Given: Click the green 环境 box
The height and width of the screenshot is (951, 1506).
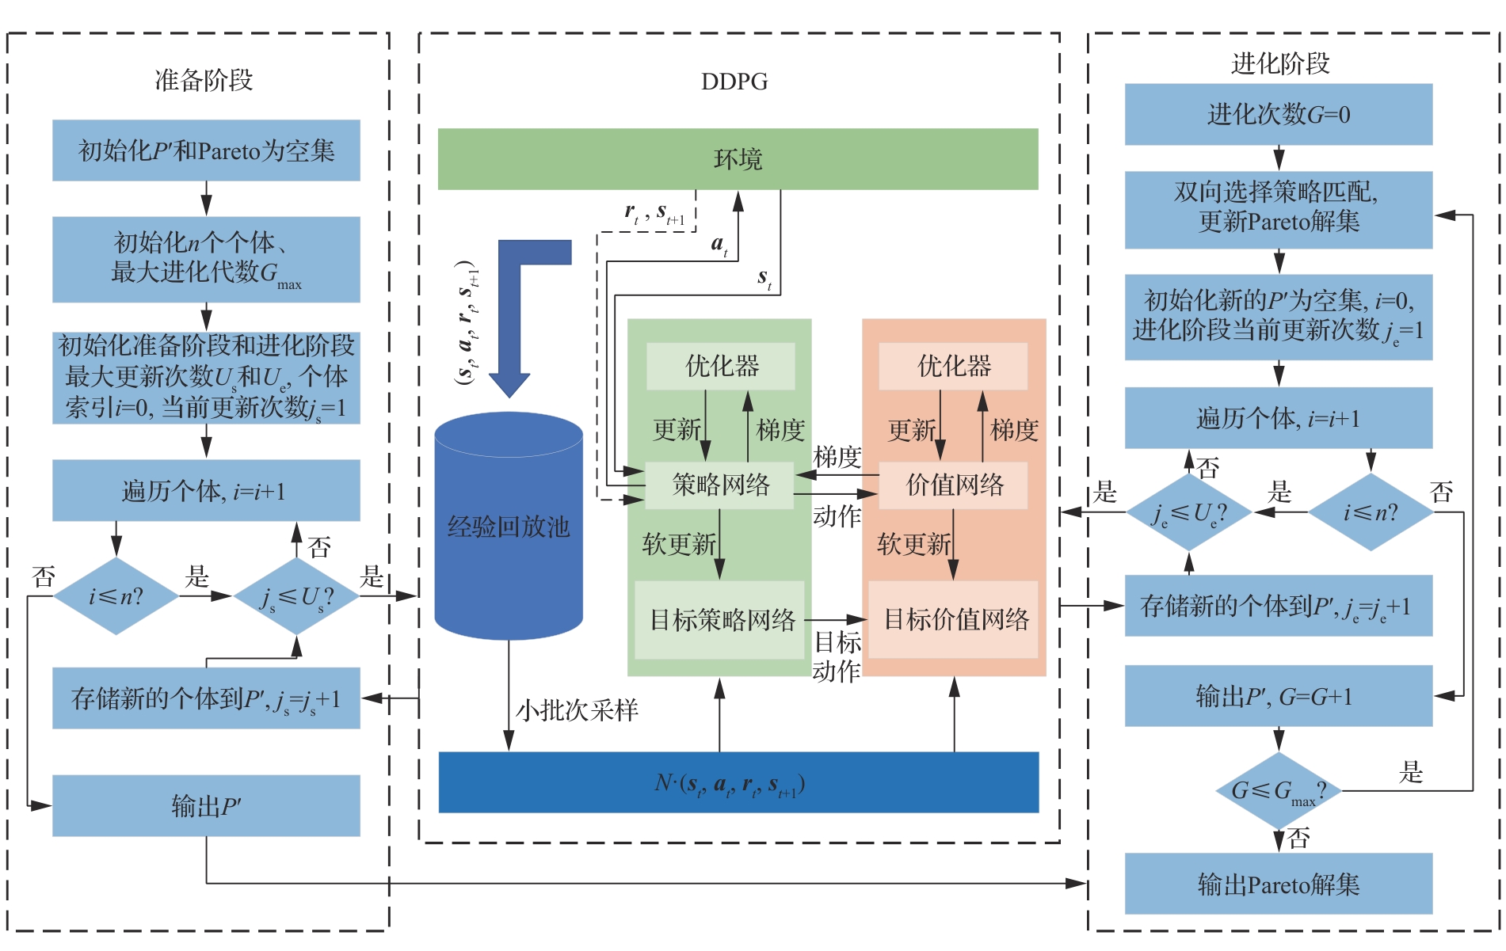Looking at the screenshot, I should pos(738,158).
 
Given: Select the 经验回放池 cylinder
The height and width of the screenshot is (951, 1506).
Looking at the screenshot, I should pos(509,527).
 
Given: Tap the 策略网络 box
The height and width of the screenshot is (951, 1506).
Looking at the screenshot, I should pos(720,485).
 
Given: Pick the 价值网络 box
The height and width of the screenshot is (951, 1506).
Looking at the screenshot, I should pos(954,485).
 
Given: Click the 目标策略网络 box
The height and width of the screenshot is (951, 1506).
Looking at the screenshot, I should pos(721,619).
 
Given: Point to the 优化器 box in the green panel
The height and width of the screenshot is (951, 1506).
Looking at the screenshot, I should pos(721,366).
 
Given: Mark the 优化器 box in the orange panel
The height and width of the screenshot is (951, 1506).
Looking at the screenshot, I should pos(954,366).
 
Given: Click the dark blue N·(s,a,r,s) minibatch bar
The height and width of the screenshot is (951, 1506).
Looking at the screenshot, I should pos(738,782).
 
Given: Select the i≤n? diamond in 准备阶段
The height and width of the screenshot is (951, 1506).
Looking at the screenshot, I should pos(116,595).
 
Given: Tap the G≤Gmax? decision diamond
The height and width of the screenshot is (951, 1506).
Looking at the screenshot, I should pos(1278,790).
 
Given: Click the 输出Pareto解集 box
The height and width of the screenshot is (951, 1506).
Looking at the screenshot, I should pos(1278,884).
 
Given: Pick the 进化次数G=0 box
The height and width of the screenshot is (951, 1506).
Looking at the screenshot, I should pos(1278,115).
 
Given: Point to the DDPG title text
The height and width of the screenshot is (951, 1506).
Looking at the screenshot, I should pos(734,82).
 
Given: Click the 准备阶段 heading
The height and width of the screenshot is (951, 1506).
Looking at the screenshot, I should pos(204,80).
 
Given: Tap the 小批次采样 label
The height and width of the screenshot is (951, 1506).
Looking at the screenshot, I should pos(577,710).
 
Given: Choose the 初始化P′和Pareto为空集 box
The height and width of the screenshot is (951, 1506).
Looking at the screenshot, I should pos(206,150).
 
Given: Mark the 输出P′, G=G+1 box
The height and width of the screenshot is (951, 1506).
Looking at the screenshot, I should pos(1278,696).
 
